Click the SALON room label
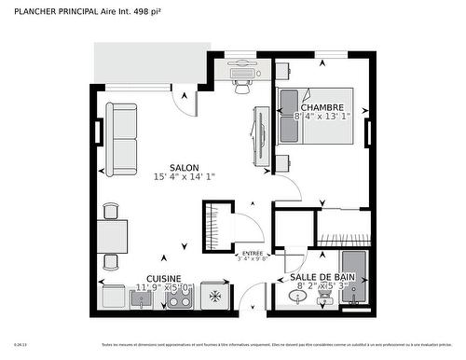184,169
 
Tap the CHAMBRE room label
322,107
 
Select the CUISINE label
165,278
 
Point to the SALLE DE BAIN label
322,278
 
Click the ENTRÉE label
253,254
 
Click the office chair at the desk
243,85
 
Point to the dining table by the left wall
114,236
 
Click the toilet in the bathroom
324,298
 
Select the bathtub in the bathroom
356,279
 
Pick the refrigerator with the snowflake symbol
215,297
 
